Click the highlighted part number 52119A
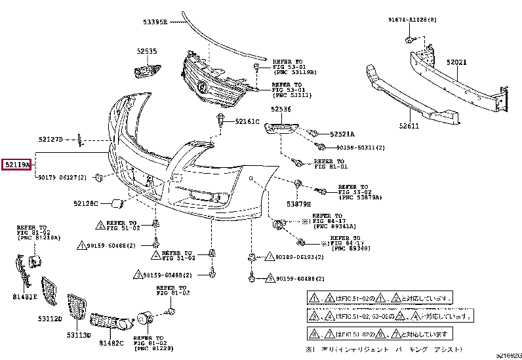click(17, 166)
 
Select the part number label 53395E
click(155, 22)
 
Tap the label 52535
click(147, 51)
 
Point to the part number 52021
click(456, 62)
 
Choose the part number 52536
click(281, 110)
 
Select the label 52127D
click(50, 139)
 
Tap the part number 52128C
click(85, 204)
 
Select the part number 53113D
click(78, 334)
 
